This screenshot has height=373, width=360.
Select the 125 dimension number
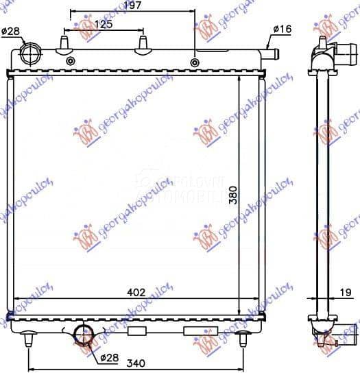pyautogui.click(x=104, y=24)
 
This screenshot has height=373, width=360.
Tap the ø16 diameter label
pyautogui.click(x=283, y=29)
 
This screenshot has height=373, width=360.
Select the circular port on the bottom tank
pyautogui.click(x=84, y=335)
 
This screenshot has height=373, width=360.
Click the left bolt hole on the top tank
pyautogui.click(x=70, y=62)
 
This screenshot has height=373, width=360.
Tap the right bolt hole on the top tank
pyautogui.click(x=195, y=62)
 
